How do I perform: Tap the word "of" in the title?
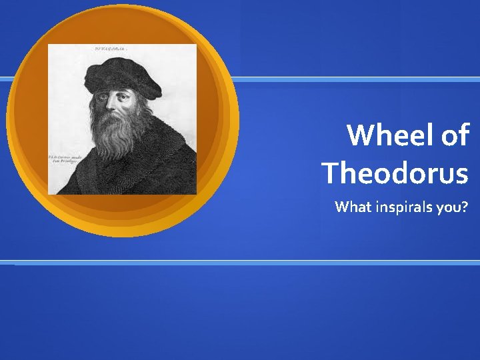pyautogui.click(x=455, y=135)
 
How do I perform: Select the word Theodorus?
pyautogui.click(x=395, y=173)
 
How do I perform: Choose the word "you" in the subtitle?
pyautogui.click(x=447, y=208)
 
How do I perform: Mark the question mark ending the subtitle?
pyautogui.click(x=465, y=207)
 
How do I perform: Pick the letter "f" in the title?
pyautogui.click(x=464, y=135)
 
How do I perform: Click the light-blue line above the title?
pyautogui.click(x=360, y=79)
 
